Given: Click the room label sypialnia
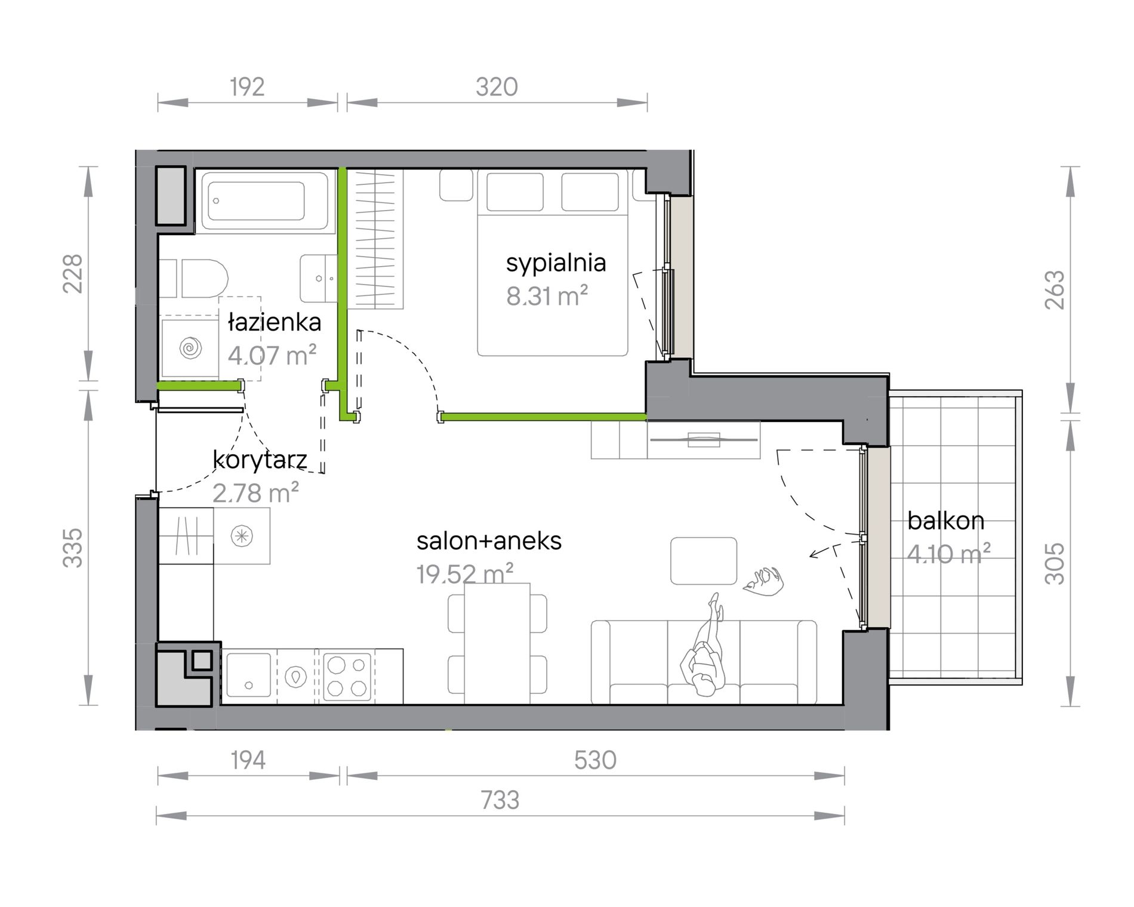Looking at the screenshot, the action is (556, 263).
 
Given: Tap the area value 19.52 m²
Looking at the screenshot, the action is (465, 575).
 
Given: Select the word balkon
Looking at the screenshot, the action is (945, 521).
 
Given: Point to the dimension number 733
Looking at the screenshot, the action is (500, 800).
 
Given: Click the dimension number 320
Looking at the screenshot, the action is (497, 87).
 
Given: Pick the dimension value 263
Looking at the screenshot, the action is (1055, 290).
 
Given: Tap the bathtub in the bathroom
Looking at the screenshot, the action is (264, 201).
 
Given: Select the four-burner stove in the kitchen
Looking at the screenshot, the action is (347, 677).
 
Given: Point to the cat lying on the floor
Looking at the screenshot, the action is (763, 580).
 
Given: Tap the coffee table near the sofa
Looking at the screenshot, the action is (703, 561).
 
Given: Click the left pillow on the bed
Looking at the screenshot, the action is (515, 192).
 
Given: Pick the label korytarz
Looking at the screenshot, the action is (260, 460).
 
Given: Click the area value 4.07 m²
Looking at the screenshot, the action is (272, 356).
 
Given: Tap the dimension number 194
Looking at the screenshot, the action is (248, 761).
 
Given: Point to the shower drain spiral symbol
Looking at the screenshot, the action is (191, 347).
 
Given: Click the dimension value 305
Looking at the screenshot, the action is (1055, 563).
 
